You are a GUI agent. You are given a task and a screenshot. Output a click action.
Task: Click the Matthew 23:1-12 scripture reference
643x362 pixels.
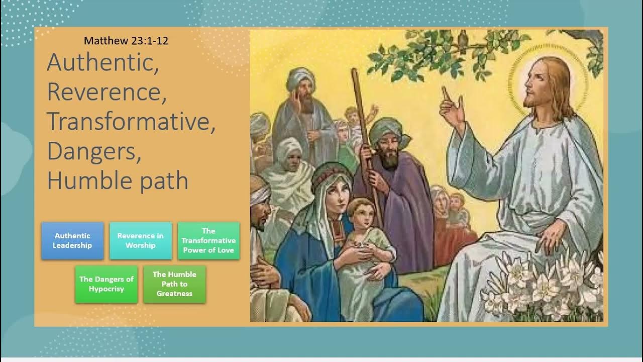pyautogui.click(x=126, y=41)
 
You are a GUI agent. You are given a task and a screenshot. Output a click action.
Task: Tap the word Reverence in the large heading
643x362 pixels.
pyautogui.click(x=105, y=92)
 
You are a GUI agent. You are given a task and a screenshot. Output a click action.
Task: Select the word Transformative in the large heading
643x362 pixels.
pyautogui.click(x=131, y=122)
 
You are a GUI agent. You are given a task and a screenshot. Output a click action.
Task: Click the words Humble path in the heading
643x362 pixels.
pyautogui.click(x=118, y=180)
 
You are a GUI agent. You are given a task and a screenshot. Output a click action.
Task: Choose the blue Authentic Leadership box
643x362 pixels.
pyautogui.click(x=73, y=241)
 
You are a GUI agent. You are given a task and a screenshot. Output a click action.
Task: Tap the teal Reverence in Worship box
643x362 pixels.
pyautogui.click(x=141, y=241)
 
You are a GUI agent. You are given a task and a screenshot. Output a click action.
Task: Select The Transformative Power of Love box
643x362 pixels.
pyautogui.click(x=208, y=241)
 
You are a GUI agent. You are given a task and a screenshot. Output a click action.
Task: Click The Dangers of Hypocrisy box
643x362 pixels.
pyautogui.click(x=106, y=284)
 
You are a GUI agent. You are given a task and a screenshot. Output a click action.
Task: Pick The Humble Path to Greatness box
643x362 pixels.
pyautogui.click(x=174, y=284)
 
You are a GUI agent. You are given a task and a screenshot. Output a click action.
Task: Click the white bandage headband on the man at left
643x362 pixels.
pyautogui.click(x=259, y=194)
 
